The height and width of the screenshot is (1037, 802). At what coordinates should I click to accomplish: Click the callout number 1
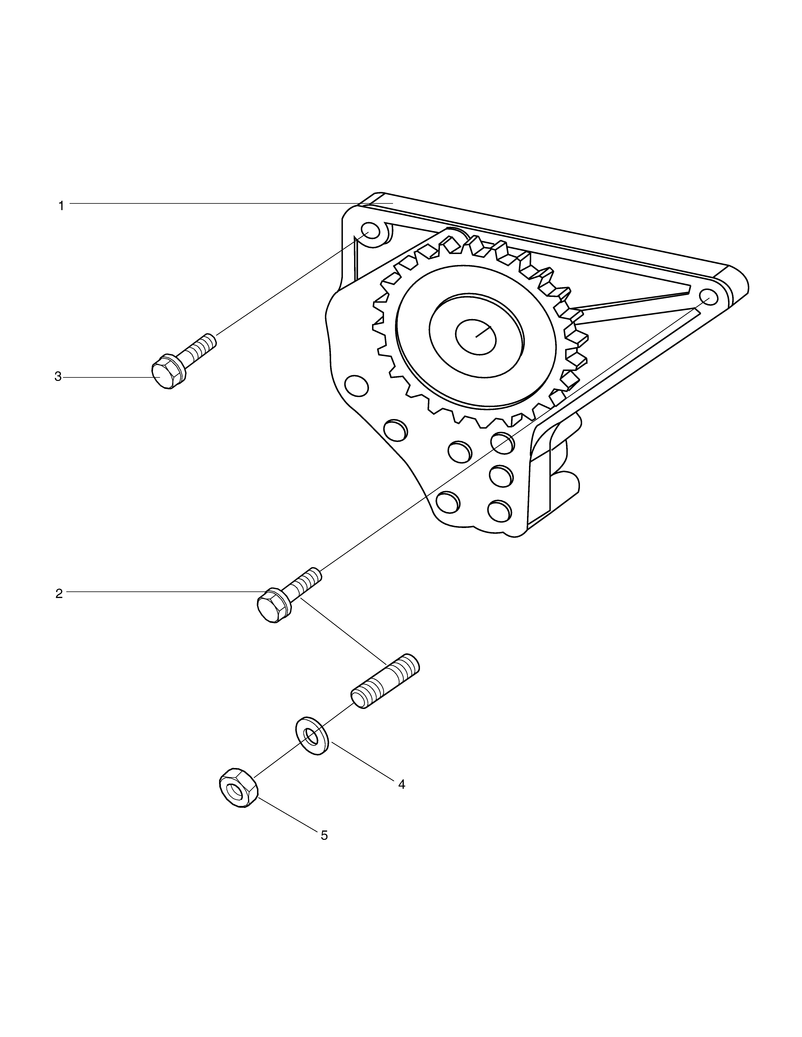pyautogui.click(x=61, y=206)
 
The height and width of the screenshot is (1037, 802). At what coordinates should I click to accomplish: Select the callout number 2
pyautogui.click(x=59, y=593)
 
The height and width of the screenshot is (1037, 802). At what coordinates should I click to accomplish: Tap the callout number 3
pyautogui.click(x=58, y=377)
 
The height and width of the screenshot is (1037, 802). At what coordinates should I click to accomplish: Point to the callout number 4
pyautogui.click(x=401, y=784)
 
